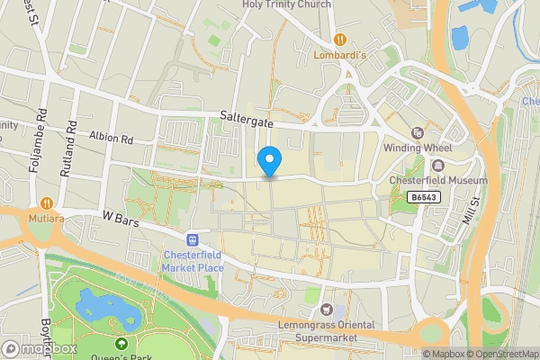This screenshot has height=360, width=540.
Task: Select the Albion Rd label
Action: click(x=111, y=139)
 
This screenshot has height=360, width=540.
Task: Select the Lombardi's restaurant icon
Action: click(x=340, y=39)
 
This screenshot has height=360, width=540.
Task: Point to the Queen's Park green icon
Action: click(x=121, y=343)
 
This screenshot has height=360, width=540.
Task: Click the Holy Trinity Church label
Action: click(x=286, y=4)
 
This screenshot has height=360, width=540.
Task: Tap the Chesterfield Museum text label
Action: click(x=437, y=180)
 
